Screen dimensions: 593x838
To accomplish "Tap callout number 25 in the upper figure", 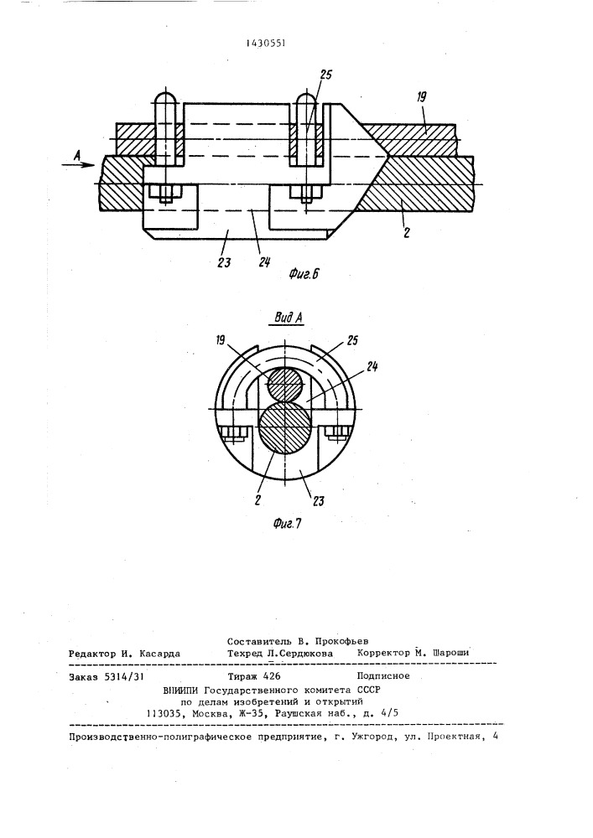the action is tap(325, 75).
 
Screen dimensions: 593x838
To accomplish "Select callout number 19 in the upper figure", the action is tap(421, 96).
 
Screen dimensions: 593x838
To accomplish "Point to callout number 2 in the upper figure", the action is tap(407, 232).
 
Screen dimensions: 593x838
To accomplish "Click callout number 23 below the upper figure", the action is tap(224, 262).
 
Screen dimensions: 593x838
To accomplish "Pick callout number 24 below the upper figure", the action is tap(263, 262).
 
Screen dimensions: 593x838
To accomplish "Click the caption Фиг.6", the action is tap(304, 275).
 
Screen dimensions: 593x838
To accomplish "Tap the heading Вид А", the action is tap(289, 318).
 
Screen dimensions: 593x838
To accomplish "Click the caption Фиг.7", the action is tap(287, 524).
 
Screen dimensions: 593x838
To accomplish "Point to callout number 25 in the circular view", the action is tap(352, 340).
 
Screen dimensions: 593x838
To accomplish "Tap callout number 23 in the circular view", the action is tap(318, 501).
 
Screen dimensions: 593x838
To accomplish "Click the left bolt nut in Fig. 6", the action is tap(166, 194).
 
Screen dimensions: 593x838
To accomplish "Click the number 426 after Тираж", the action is tap(271, 676).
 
